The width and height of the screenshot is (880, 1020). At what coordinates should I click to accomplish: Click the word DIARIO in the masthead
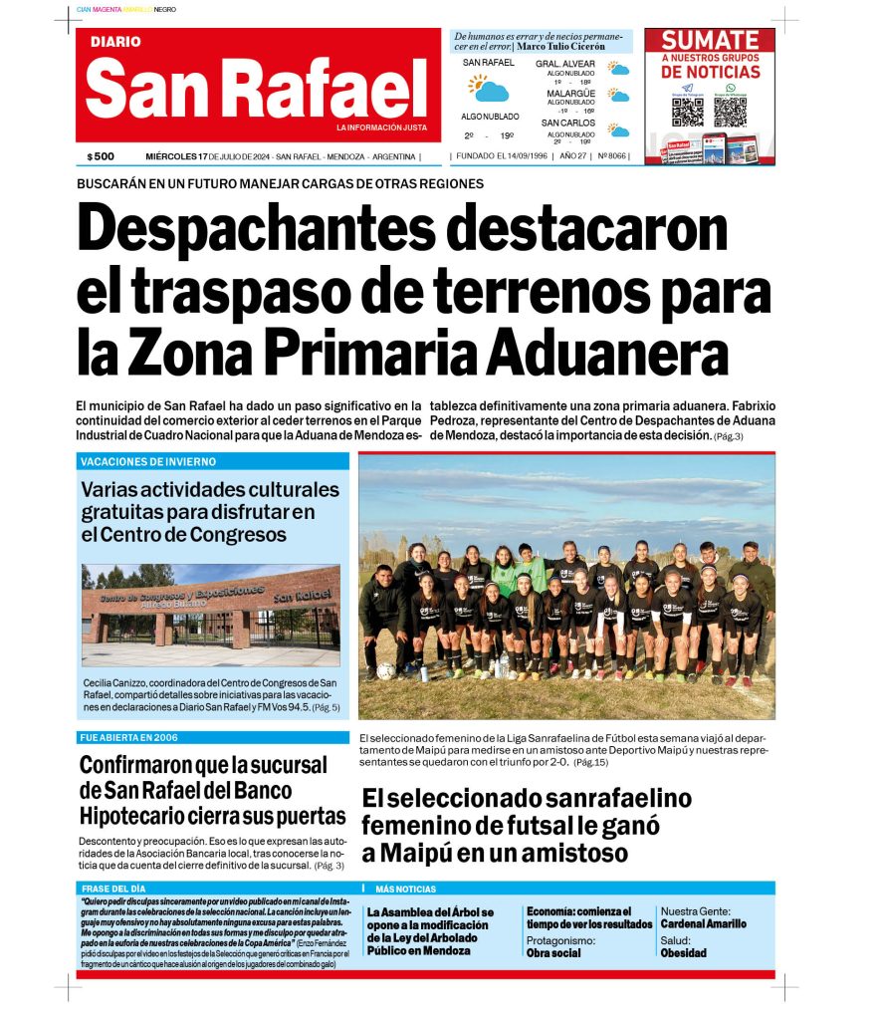115,42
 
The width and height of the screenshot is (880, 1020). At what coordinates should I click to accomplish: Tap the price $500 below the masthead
101,156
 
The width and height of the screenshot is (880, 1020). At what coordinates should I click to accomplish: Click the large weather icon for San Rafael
489,89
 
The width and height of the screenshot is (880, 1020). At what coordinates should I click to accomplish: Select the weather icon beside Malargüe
619,97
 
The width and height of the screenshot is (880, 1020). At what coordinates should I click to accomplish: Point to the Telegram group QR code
687,110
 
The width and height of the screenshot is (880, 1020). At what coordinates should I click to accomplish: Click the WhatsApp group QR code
730,110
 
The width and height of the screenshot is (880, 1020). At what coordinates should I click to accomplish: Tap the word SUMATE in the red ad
710,41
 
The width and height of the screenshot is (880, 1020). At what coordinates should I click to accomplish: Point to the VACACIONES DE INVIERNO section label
148,462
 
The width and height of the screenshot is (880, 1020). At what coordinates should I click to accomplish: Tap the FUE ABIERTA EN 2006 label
128,738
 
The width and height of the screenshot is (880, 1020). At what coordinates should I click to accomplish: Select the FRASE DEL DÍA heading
113,889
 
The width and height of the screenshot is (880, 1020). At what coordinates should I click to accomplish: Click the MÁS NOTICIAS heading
405,889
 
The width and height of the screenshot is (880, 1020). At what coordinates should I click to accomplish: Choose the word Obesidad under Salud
683,952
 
